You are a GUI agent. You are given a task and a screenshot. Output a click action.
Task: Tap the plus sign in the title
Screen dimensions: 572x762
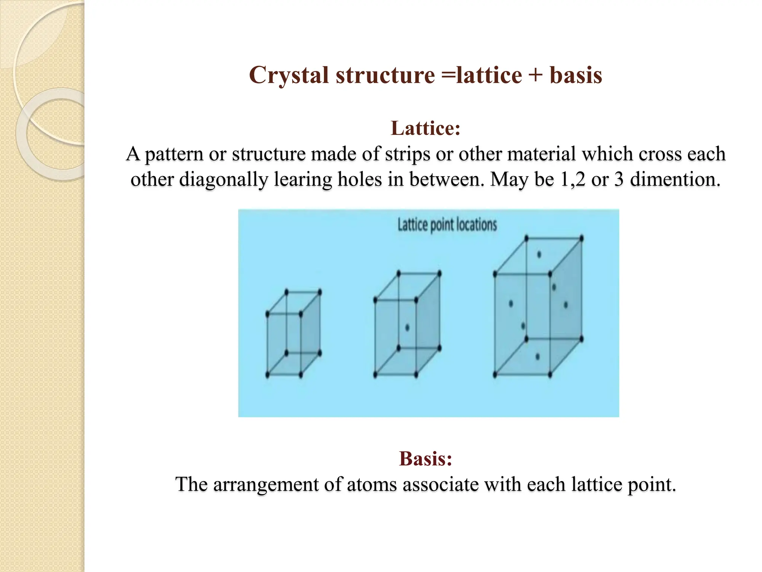(x=536, y=76)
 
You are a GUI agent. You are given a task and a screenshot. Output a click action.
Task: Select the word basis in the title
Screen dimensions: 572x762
(x=576, y=76)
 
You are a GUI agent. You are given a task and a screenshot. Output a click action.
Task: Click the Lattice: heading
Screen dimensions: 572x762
(x=426, y=128)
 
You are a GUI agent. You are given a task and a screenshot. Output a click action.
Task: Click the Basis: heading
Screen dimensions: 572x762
(x=426, y=458)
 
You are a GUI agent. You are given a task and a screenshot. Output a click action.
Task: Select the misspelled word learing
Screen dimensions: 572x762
(x=303, y=179)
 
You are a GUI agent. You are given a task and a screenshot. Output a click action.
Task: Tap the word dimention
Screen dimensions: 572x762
(x=675, y=179)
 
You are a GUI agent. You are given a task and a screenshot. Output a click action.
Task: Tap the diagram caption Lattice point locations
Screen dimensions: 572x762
(x=447, y=225)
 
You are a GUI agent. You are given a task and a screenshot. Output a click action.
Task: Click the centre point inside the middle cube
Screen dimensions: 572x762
(x=407, y=328)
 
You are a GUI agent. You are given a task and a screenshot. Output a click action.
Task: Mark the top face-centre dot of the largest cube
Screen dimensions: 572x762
(x=539, y=255)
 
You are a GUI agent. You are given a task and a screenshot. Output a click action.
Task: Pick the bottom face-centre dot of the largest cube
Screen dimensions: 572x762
(x=538, y=357)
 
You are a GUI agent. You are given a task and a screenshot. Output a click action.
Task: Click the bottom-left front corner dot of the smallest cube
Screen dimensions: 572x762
(x=268, y=374)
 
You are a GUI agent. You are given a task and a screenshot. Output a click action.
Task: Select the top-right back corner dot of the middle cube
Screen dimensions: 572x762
(x=439, y=274)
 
